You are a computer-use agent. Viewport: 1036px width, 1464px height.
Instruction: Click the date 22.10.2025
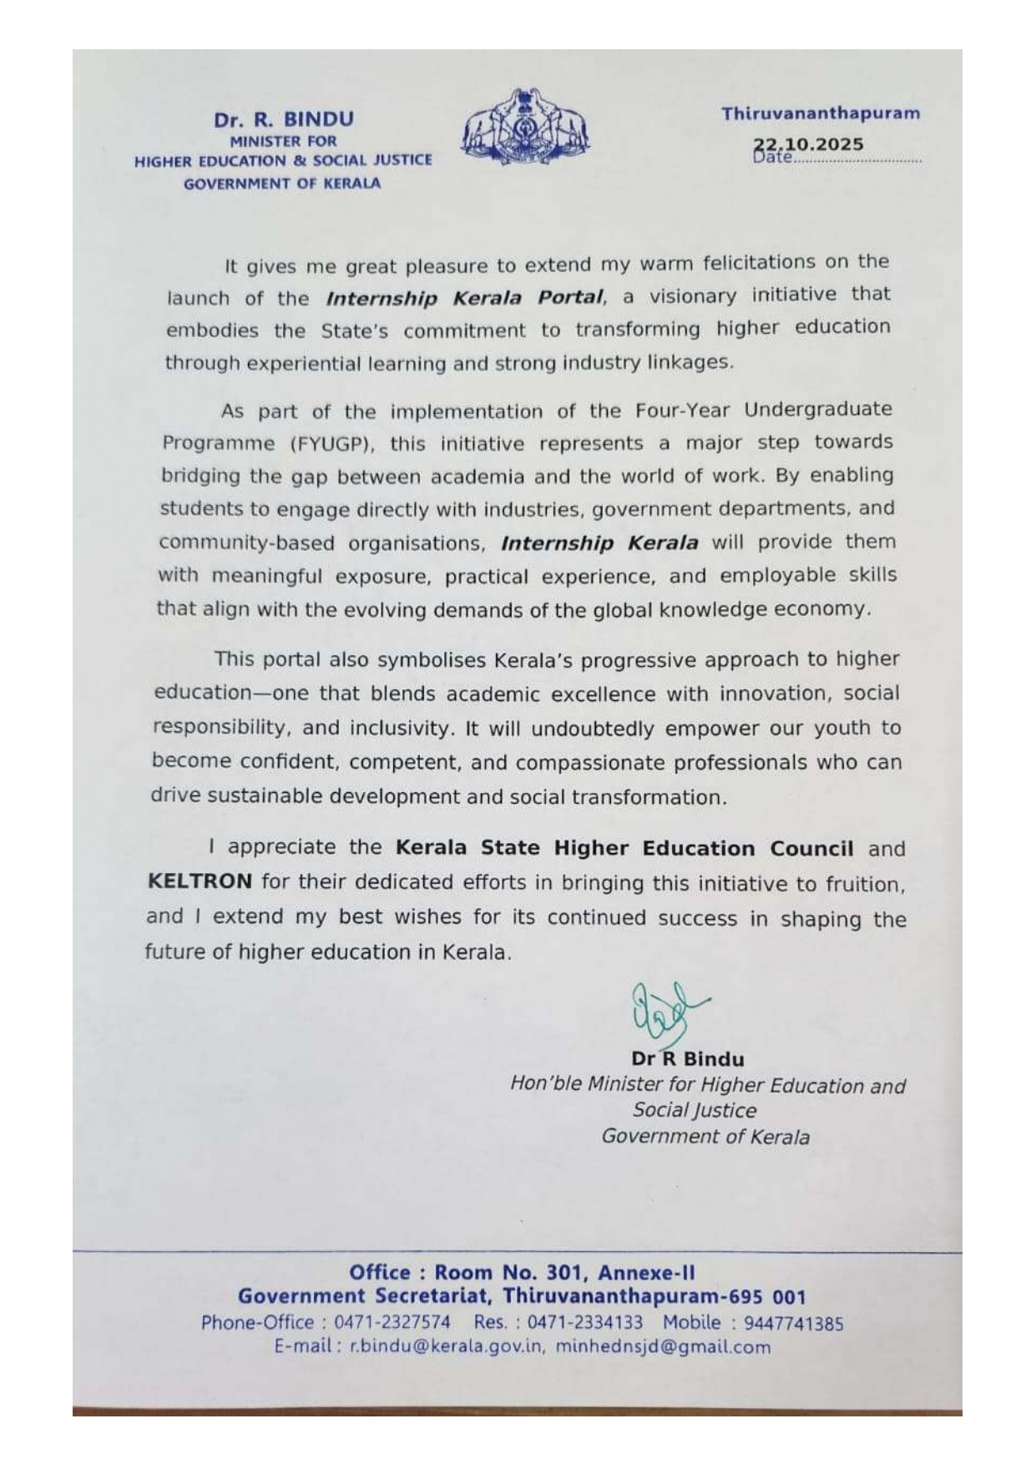tap(809, 144)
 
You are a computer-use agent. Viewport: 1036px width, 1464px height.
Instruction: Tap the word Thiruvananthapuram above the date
tap(821, 114)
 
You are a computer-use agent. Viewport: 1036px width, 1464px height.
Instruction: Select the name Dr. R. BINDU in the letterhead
tap(283, 119)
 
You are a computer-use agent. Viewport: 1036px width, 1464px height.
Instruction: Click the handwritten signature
tap(665, 1014)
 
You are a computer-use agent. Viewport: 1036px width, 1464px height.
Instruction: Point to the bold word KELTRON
tap(200, 881)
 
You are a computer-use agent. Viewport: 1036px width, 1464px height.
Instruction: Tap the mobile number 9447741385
tap(793, 1323)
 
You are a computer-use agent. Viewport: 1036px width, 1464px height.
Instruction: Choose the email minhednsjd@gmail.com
tap(663, 1346)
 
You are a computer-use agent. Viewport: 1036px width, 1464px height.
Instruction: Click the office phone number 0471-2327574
tap(392, 1323)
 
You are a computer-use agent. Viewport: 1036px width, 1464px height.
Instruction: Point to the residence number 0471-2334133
tap(585, 1323)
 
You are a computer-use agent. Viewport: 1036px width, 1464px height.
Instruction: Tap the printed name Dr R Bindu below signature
tap(687, 1059)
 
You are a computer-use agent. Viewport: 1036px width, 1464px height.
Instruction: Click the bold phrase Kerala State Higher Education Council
tap(624, 848)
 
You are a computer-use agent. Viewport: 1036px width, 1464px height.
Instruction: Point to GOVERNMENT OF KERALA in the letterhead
tap(282, 184)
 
